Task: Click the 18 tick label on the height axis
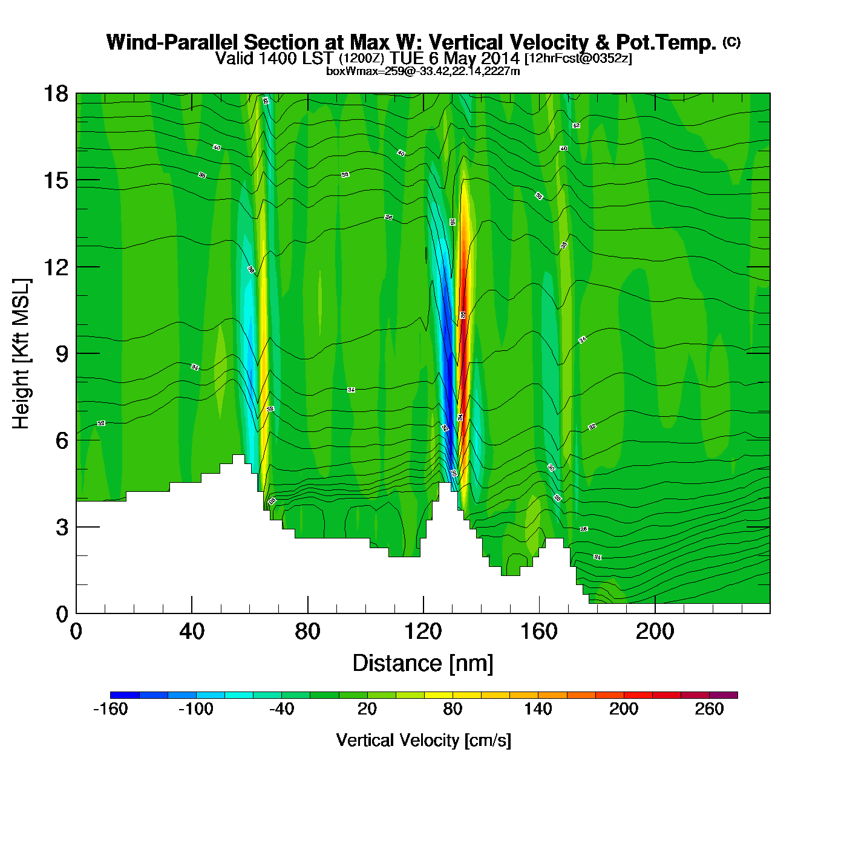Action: point(55,94)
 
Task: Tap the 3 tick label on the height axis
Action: point(62,528)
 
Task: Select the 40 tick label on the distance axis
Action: point(192,632)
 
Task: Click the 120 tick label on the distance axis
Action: point(423,632)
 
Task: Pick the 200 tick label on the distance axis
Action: point(655,632)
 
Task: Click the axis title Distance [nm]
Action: point(423,664)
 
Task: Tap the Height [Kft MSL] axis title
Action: point(21,354)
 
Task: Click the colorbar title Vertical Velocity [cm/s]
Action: point(423,740)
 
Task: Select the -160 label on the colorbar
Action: point(110,709)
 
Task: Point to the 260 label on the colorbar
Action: point(709,709)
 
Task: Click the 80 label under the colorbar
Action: point(453,709)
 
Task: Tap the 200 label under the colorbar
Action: point(624,709)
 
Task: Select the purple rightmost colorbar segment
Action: point(724,695)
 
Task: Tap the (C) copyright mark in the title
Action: point(731,42)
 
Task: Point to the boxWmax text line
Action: point(423,71)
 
